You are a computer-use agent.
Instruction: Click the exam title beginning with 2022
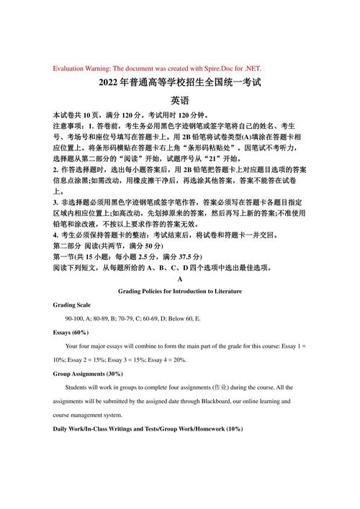coord(179,84)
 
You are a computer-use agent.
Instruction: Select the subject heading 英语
coord(179,101)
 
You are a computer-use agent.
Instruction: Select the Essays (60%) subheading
coord(71,333)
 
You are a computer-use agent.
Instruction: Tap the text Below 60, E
coord(182,319)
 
